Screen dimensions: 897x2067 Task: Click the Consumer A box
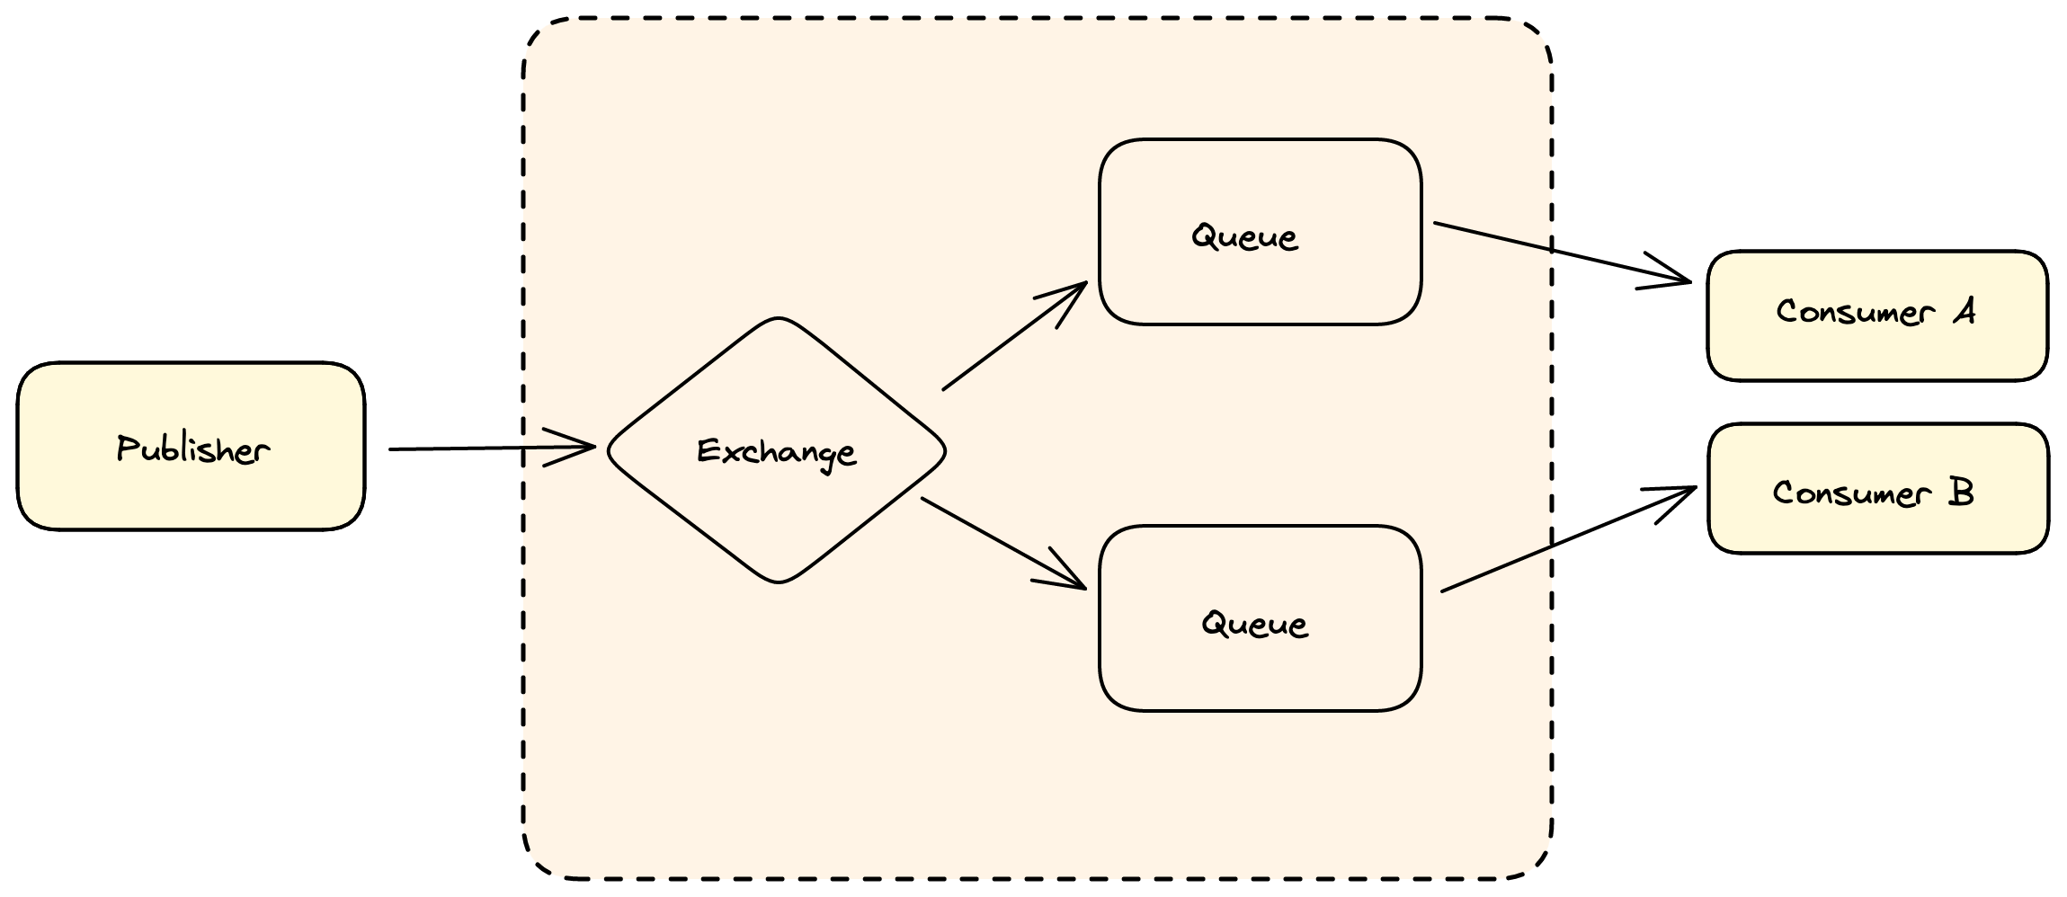click(x=1877, y=351)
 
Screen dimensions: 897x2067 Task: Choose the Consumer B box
click(x=1877, y=530)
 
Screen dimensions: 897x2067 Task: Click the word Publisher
click(x=192, y=448)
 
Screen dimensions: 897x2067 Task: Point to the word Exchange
click(x=777, y=452)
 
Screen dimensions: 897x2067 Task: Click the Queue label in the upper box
click(x=1245, y=237)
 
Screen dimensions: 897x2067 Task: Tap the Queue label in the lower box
click(x=1255, y=624)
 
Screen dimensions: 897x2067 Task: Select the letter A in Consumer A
click(x=1965, y=312)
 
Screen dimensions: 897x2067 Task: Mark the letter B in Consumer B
click(x=1961, y=493)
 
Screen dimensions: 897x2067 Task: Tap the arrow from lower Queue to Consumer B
click(x=1555, y=545)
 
